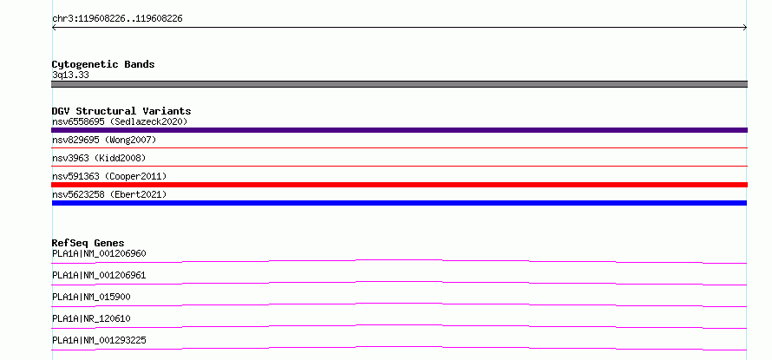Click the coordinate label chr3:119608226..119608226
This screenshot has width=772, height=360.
coord(117,19)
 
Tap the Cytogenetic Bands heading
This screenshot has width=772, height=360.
coord(103,64)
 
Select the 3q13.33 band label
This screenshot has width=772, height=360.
coord(70,75)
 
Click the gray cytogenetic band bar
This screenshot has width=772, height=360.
coord(399,84)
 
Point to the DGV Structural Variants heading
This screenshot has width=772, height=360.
coord(121,111)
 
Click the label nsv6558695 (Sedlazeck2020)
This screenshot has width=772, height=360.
coord(120,121)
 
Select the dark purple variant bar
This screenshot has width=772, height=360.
coord(399,130)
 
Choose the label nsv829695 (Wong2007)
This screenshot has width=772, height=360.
coord(104,141)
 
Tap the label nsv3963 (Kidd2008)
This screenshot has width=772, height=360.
coord(99,158)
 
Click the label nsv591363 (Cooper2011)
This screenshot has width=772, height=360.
coord(109,176)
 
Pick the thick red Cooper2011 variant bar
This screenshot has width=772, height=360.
coord(399,185)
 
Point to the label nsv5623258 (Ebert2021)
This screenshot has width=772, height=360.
coord(109,194)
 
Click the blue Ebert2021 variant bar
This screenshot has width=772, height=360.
coord(399,203)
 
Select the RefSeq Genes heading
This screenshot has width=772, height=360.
coord(88,243)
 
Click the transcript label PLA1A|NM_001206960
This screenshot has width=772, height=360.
coord(99,253)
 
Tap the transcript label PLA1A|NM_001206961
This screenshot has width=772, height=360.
coord(99,275)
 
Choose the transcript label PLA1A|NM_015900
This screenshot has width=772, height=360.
coord(91,297)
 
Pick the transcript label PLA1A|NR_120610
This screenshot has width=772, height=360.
coord(91,318)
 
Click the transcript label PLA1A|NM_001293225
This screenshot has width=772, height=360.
coord(99,340)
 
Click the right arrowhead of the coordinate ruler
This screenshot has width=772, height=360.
coord(746,28)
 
